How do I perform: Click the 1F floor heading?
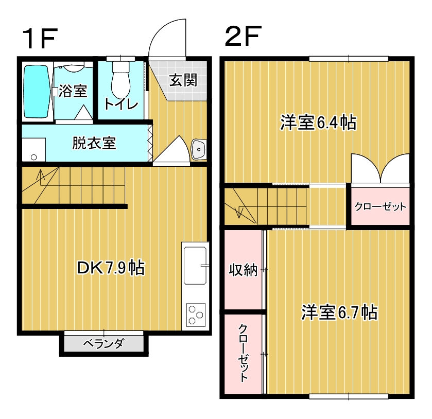click(40, 39)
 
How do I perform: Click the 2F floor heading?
click(243, 36)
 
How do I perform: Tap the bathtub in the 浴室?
click(37, 92)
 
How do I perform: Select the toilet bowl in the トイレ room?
click(120, 80)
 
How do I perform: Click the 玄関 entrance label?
click(183, 80)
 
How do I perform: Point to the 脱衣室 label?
click(94, 143)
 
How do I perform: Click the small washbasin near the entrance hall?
click(199, 150)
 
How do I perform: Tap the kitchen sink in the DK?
click(195, 265)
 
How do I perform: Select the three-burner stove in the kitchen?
click(196, 315)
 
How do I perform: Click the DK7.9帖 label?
click(111, 268)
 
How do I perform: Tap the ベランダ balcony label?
click(104, 343)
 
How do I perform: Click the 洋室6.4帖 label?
click(318, 123)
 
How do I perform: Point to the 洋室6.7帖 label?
click(339, 312)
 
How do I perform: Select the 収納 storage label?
click(243, 270)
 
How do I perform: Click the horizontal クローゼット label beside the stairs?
click(380, 206)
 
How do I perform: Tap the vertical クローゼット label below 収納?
click(243, 353)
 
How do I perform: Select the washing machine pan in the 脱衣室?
click(34, 150)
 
